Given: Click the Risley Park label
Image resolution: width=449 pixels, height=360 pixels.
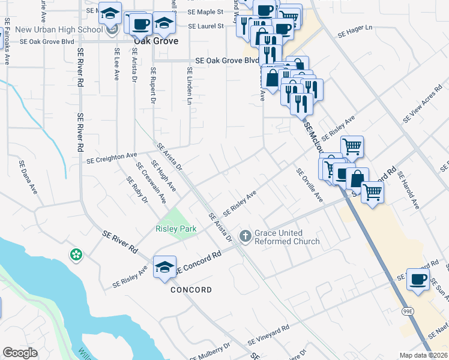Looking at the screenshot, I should coord(176,229).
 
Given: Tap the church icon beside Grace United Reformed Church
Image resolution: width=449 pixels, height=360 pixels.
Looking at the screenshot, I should coord(245,236).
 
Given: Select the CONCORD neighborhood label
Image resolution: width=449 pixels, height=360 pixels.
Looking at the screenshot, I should coord(191,290).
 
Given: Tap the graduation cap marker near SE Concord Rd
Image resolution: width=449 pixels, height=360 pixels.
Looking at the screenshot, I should coord(164,268).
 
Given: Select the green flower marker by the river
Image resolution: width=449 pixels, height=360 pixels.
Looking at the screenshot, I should coord(76,255).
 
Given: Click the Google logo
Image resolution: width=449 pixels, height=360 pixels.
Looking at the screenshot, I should coord(20,352).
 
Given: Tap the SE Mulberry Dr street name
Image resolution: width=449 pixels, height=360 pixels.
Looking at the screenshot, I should coord(209,352).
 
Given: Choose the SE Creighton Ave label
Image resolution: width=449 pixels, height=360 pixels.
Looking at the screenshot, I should coord(112,158).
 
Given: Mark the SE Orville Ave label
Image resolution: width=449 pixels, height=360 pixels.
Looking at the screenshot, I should coord(310,185).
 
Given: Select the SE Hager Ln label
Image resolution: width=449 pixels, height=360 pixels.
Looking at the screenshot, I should coord(355,32).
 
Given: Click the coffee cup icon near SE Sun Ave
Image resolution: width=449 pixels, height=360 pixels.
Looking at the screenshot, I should coord(418,279).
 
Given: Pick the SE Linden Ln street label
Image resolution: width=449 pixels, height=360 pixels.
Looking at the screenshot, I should coord(188,87).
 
